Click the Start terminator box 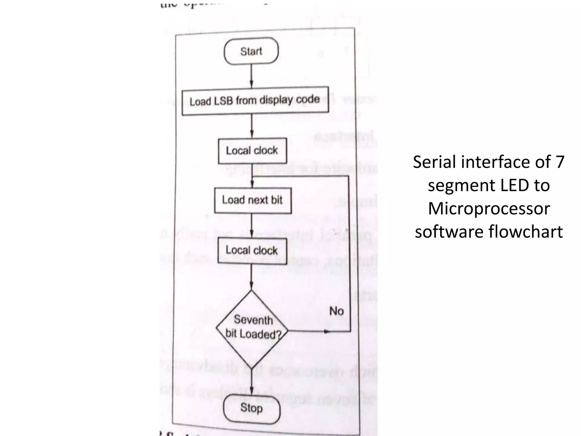click(251, 51)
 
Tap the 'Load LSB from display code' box click(255, 101)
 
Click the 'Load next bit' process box click(252, 200)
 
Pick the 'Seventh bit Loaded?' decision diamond click(252, 329)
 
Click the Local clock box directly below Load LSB click(252, 150)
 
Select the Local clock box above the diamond click(252, 250)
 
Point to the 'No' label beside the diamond click(336, 311)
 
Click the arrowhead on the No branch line click(327, 331)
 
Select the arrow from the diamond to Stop click(252, 382)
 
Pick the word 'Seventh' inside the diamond click(253, 320)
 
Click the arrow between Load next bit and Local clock click(252, 226)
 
